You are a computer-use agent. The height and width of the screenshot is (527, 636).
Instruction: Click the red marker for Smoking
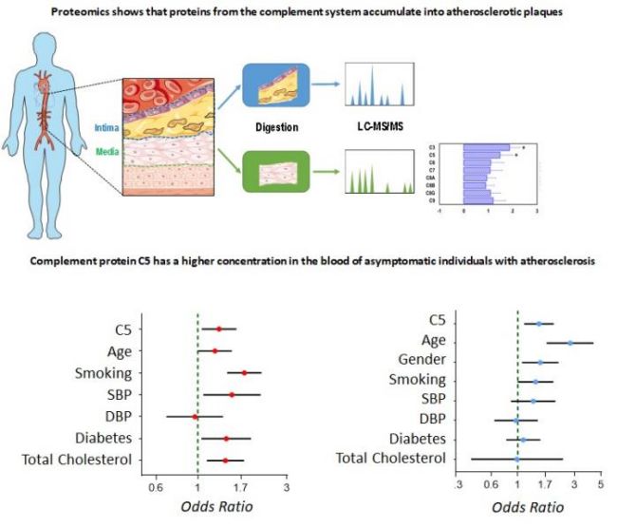point(245,373)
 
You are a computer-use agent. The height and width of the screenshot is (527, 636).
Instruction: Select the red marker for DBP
point(196,417)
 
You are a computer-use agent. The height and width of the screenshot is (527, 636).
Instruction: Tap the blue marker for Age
point(571,343)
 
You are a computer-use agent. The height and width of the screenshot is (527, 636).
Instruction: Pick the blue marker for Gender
point(540,362)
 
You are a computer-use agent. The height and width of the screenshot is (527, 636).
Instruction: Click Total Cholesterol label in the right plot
point(391,460)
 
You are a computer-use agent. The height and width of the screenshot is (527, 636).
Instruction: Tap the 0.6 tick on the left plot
point(153,489)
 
